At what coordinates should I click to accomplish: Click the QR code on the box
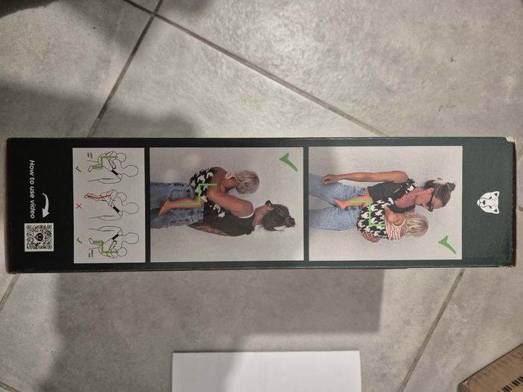coord(39,237)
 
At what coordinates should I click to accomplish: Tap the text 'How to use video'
coord(32,189)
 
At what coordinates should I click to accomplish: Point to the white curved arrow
coord(46,205)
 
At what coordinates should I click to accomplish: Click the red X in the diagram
coord(78,206)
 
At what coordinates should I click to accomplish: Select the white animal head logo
coord(488,202)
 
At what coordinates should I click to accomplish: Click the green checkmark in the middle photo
coord(289,162)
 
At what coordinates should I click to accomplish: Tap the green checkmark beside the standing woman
coord(448,245)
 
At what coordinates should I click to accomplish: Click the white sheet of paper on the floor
coord(267,371)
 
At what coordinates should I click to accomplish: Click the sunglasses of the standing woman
coord(430,201)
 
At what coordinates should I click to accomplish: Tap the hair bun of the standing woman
coord(449,186)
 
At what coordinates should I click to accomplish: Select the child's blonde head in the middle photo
coord(247,181)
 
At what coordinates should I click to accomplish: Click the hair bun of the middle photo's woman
coord(290,221)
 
